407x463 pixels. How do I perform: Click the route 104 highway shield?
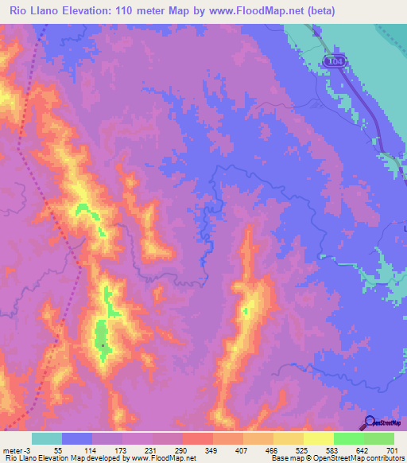tap(335, 60)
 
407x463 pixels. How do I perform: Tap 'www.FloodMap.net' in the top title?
tap(248, 11)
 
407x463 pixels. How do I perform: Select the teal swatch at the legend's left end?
tap(47, 438)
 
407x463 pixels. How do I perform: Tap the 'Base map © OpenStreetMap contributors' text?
tap(338, 458)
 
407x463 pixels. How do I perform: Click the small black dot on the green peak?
tap(103, 344)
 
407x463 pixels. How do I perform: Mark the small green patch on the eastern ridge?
tap(246, 311)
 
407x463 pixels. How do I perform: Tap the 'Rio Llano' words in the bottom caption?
tap(21, 458)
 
